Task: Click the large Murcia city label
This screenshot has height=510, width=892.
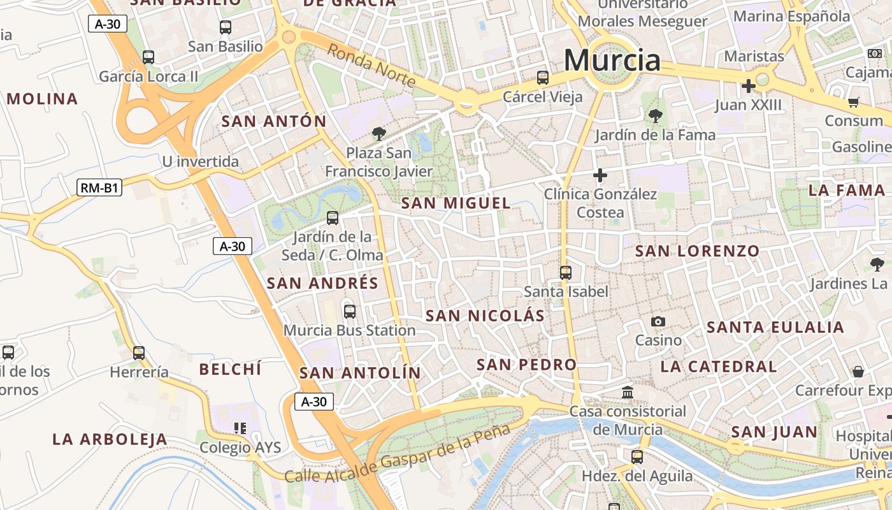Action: pos(612,61)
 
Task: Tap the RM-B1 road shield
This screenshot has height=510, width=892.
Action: pos(99,187)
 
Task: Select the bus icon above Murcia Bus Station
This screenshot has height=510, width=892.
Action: pos(350,312)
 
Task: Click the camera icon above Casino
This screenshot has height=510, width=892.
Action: pos(658,322)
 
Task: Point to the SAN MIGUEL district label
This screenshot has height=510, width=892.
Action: pos(456,203)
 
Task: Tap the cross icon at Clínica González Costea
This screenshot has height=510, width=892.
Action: pos(600,175)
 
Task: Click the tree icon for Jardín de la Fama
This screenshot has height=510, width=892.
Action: pos(655,116)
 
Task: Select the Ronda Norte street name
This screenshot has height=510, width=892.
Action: pos(371,65)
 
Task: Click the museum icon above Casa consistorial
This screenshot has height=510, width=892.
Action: pos(628,392)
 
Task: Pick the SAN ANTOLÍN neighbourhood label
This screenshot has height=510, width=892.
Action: pos(360,373)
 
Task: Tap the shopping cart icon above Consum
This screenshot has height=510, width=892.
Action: pos(854,102)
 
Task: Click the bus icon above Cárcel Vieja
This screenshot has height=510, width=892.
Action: pos(543,78)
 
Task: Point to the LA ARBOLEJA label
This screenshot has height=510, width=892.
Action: pos(110,439)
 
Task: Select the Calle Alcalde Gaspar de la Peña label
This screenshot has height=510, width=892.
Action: pos(398,455)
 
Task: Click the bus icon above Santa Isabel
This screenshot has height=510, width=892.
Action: pos(566,273)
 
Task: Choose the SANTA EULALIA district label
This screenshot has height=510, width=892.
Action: pos(775,328)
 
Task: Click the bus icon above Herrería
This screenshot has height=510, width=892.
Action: pos(139,353)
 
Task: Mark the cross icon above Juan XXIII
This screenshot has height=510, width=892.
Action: pos(748,85)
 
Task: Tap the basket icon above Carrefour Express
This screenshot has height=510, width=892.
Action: pos(858,371)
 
